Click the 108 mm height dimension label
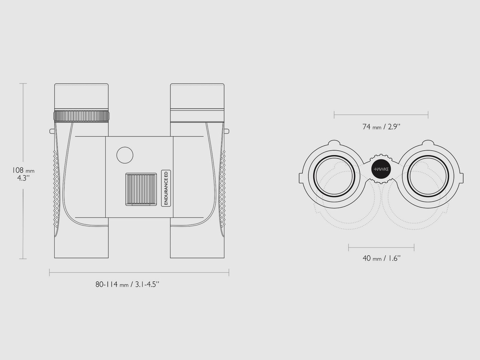(23, 174)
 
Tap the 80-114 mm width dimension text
(127, 284)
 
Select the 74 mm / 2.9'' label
(381, 127)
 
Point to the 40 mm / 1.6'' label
(381, 258)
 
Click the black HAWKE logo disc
(381, 169)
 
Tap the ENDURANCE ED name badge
(166, 188)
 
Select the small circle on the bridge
(125, 155)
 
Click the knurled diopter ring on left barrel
(81, 116)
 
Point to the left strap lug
(52, 131)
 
